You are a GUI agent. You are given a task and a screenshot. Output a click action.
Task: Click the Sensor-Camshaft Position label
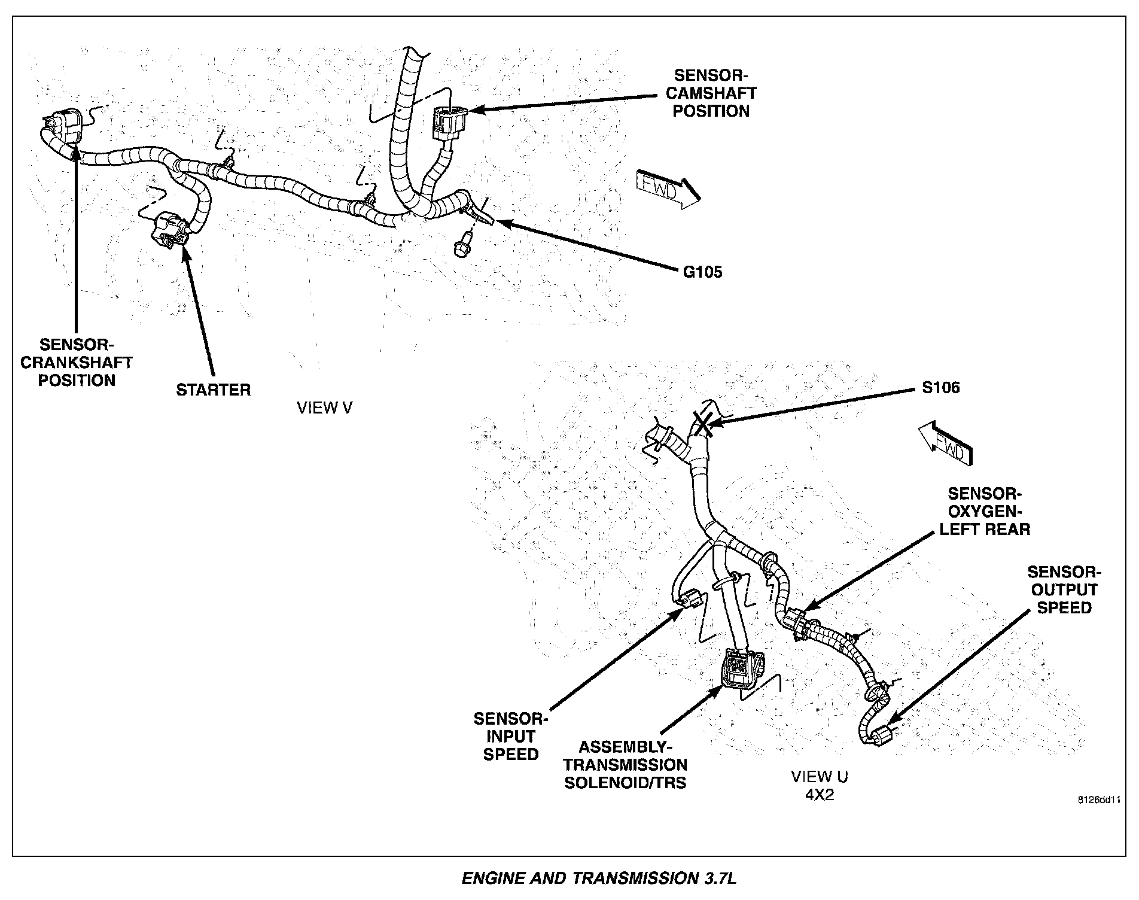(x=711, y=93)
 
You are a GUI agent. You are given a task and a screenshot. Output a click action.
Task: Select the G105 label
(x=703, y=272)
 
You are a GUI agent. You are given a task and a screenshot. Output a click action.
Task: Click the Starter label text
(x=213, y=390)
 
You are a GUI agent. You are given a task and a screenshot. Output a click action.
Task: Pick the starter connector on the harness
(x=169, y=231)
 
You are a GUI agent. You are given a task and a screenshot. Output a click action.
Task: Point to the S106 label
(x=940, y=388)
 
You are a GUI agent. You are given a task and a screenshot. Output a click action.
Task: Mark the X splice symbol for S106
(x=702, y=423)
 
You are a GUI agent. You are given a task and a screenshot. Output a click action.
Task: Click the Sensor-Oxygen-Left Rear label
(x=985, y=512)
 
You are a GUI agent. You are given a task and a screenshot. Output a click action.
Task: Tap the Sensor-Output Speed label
(x=1064, y=589)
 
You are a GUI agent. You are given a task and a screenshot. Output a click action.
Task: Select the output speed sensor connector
(x=881, y=734)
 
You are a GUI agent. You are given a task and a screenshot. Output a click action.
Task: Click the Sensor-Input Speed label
(x=510, y=736)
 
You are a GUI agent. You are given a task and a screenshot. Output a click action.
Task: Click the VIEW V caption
(x=325, y=408)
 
